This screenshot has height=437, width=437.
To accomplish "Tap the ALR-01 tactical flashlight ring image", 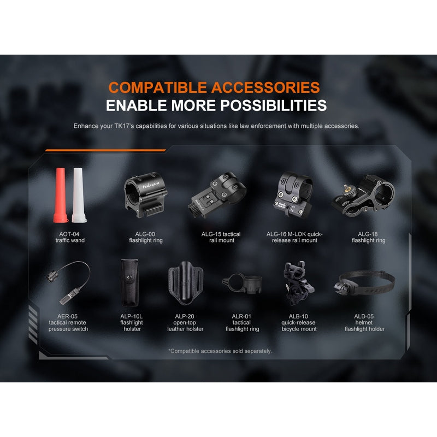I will click(243, 284).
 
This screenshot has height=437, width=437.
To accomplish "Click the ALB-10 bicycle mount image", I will click(299, 284).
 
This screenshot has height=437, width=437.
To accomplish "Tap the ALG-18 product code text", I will click(368, 234).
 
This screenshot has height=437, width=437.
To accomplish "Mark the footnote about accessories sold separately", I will click(220, 351).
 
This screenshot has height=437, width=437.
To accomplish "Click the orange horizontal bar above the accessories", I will click(105, 150).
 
